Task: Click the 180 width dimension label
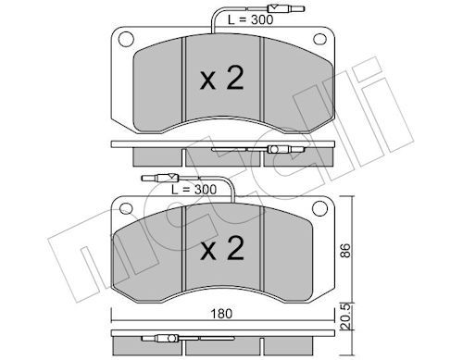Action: [x=221, y=314]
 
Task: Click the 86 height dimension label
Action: [x=345, y=251]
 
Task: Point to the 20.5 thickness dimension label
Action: [x=345, y=316]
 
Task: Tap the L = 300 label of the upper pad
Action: [x=251, y=19]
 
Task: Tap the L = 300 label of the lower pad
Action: [x=194, y=190]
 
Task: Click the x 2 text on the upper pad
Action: [x=222, y=79]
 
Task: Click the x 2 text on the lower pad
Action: [x=222, y=248]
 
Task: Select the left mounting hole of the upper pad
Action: [x=126, y=39]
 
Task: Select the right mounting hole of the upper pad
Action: [x=319, y=39]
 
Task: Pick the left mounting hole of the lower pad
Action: [x=126, y=208]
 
